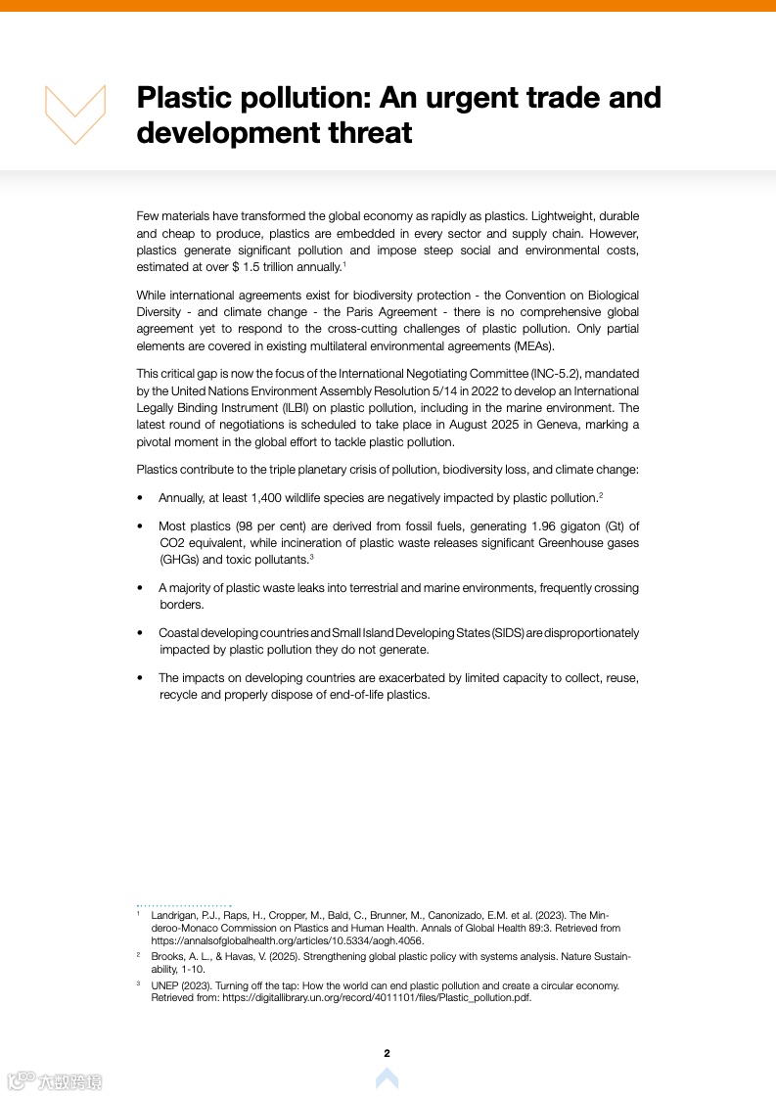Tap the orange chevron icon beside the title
pos(75,114)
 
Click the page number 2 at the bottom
pos(387,1053)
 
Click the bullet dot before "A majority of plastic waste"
pos(141,589)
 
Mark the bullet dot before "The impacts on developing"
pos(141,678)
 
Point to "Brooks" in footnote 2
pos(167,955)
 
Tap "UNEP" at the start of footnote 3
pos(164,985)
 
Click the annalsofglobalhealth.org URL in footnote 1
pos(273,940)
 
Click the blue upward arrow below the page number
pos(387,1078)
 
